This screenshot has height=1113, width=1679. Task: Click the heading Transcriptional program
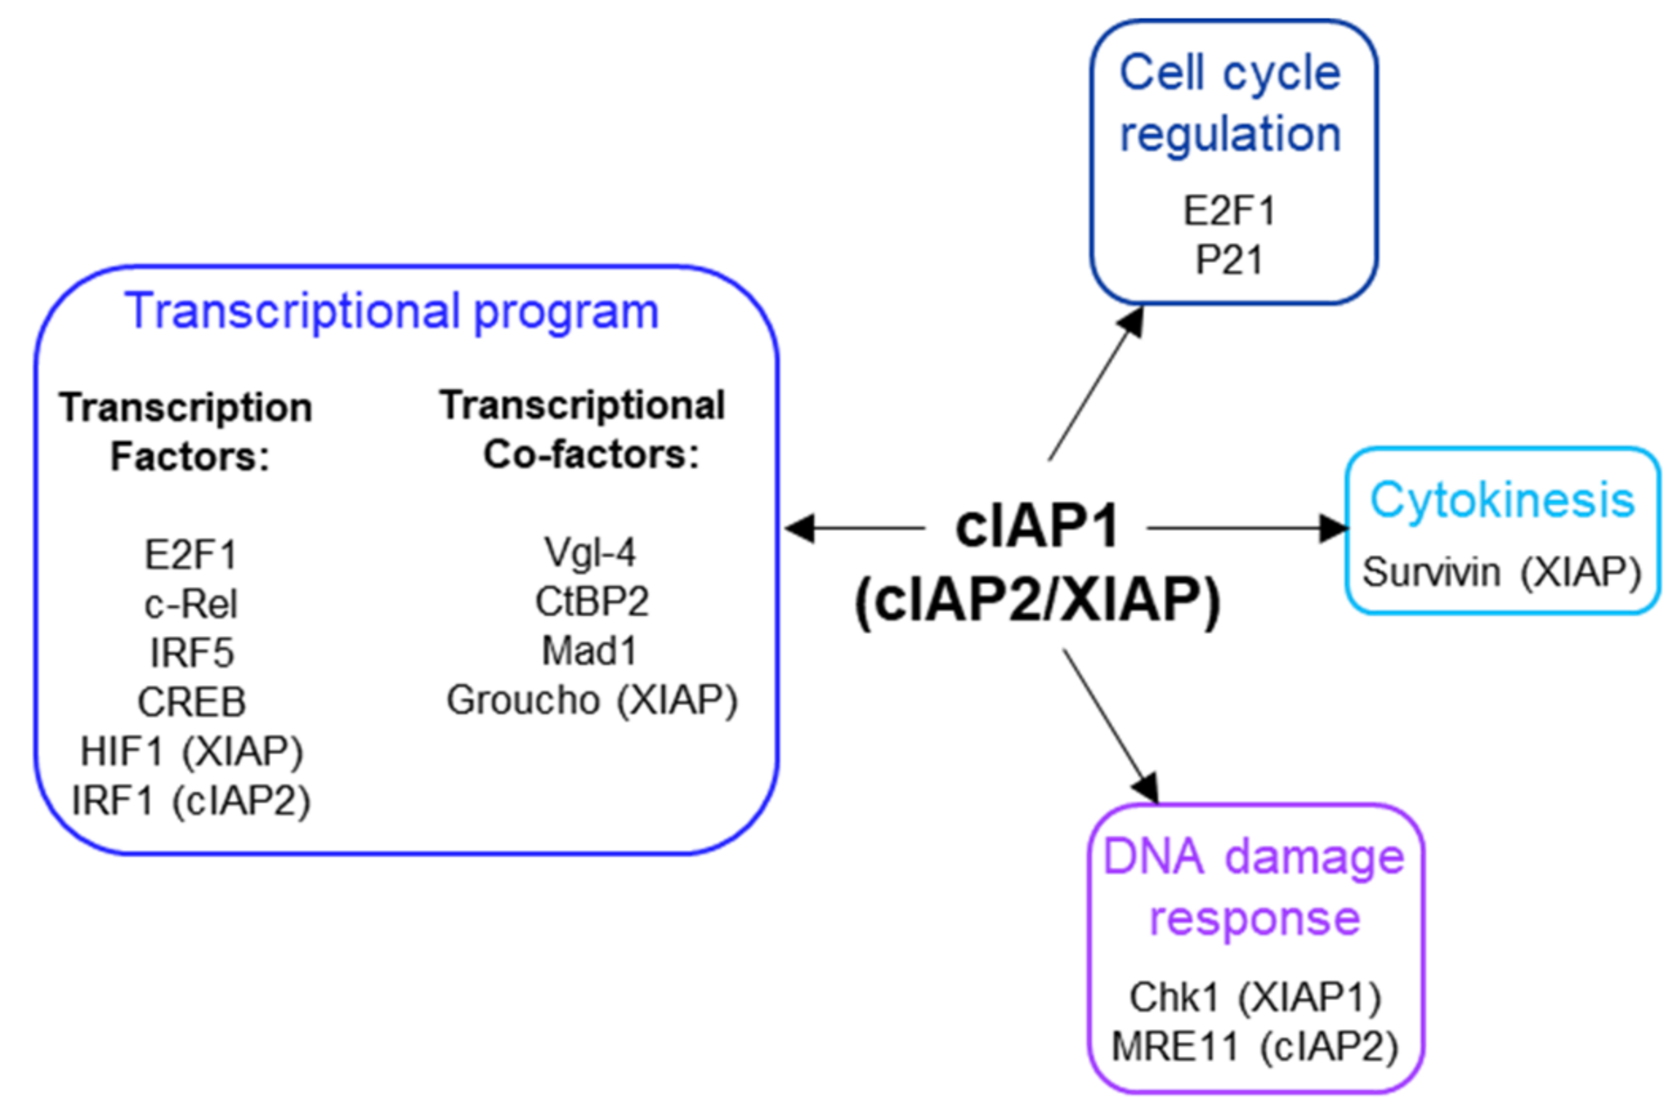coord(392,312)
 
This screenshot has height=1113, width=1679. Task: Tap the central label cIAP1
coord(1037,527)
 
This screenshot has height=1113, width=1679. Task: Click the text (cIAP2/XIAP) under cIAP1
coord(1037,600)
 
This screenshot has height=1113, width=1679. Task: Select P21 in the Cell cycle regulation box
coord(1229,260)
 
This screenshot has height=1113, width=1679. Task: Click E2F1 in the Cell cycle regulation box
coord(1229,211)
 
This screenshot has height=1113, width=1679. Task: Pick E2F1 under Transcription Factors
coord(191,555)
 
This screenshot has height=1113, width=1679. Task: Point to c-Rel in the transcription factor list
coord(191,604)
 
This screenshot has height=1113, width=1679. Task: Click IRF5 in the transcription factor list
coord(191,653)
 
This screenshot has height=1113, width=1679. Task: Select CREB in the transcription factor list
coord(191,702)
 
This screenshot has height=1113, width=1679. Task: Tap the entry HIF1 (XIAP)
coord(191,752)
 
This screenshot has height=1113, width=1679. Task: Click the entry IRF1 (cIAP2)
coord(191,801)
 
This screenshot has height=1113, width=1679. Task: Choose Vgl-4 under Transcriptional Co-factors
coord(590,553)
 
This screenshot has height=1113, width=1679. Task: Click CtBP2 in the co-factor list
coord(591,602)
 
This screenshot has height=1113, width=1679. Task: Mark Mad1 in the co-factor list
coord(590,651)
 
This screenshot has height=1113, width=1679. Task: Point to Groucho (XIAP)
coord(591,700)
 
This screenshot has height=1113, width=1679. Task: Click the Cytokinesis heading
coord(1502,500)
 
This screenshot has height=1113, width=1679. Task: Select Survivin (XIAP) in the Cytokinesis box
coord(1501,572)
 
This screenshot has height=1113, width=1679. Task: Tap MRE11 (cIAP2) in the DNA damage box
coord(1255,1046)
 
